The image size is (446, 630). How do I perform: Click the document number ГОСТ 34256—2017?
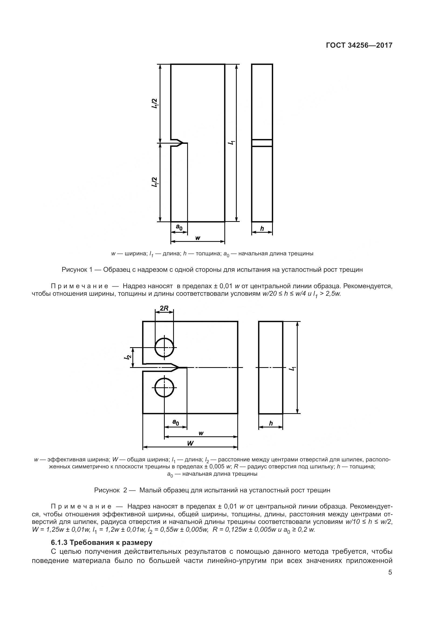click(359, 45)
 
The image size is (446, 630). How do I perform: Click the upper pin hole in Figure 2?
click(164, 347)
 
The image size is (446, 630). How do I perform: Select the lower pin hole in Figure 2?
click(164, 387)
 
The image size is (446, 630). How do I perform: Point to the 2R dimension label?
click(164, 308)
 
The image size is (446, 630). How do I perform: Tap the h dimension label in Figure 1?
click(262, 228)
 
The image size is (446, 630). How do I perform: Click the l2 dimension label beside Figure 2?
click(128, 357)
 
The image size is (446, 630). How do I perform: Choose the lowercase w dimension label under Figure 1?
click(198, 238)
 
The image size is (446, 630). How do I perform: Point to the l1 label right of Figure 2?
click(293, 368)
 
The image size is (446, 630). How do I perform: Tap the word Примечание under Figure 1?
click(79, 287)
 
